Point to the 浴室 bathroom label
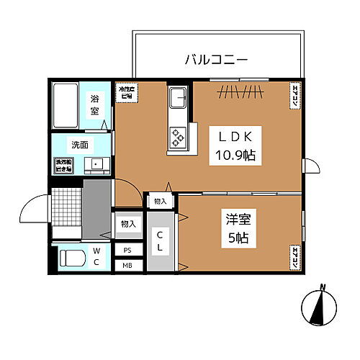click(x=95, y=106)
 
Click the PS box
click(x=127, y=251)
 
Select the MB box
click(x=127, y=266)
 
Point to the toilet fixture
click(x=72, y=257)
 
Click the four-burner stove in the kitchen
click(x=178, y=135)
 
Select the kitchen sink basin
click(x=178, y=97)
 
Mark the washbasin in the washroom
click(x=95, y=165)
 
